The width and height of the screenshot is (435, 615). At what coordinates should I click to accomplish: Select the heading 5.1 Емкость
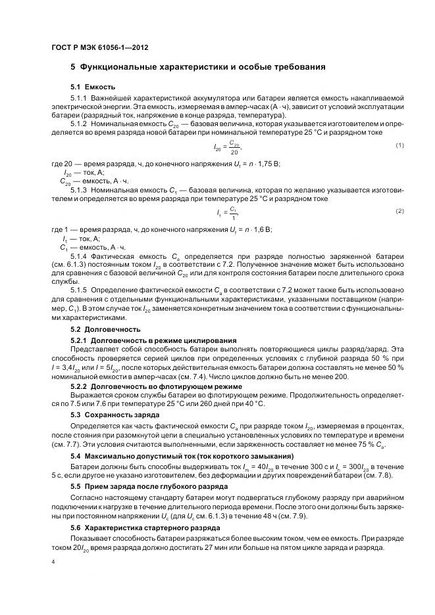pyautogui.click(x=93, y=87)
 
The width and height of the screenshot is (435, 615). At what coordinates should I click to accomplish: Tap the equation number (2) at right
pyautogui.click(x=399, y=210)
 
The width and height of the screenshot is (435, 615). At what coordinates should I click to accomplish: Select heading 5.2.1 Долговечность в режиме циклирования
pyautogui.click(x=153, y=340)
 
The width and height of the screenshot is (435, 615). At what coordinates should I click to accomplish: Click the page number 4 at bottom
pyautogui.click(x=53, y=562)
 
